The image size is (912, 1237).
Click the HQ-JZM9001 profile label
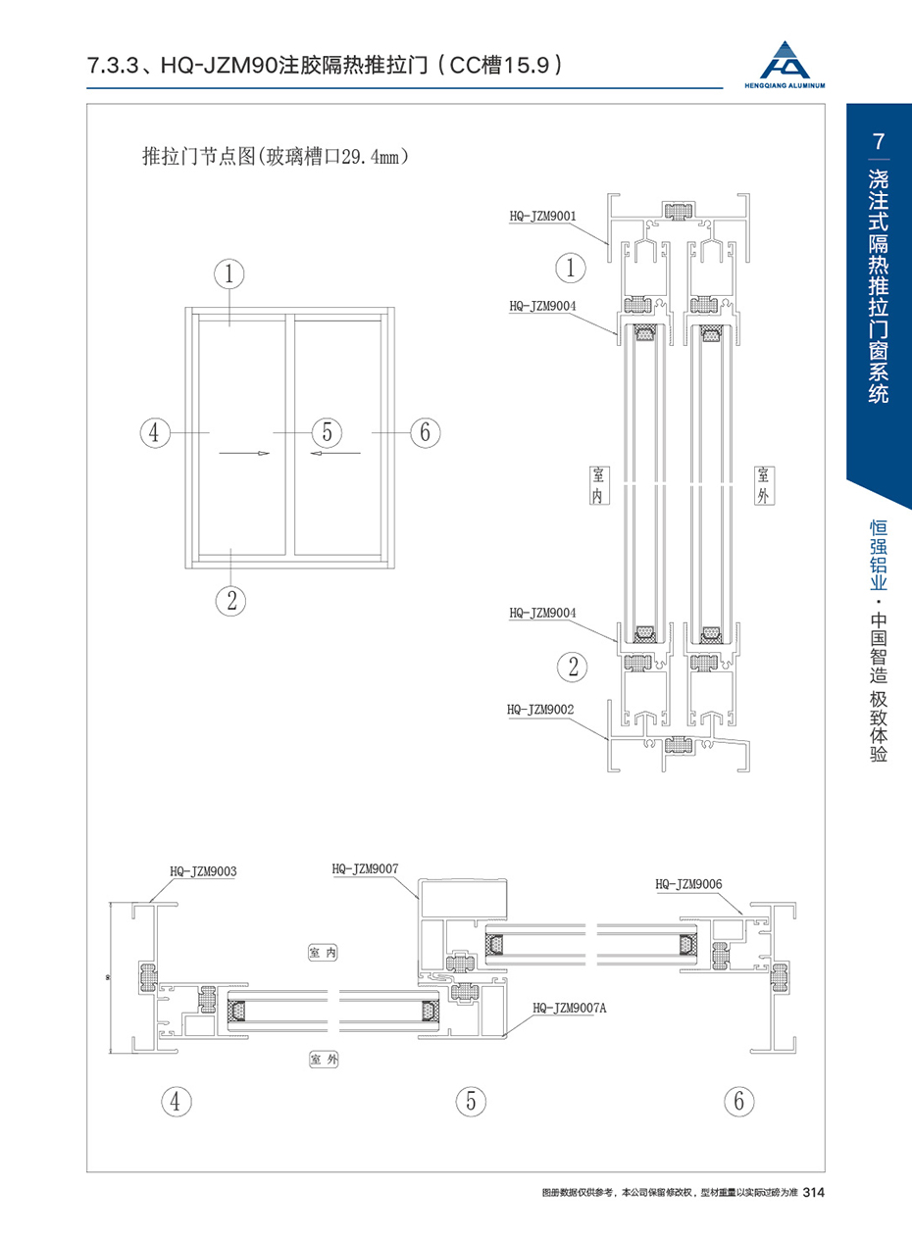[x=542, y=216]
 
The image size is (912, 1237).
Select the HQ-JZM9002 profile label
[x=540, y=709]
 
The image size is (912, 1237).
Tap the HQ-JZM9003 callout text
[x=203, y=870]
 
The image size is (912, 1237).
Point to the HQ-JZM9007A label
[x=569, y=1008]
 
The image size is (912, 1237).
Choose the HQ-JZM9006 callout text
[x=688, y=883]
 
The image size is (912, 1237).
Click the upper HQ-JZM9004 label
[x=542, y=306]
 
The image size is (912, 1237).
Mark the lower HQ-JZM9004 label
[x=542, y=613]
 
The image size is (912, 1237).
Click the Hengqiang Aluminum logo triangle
[x=785, y=60]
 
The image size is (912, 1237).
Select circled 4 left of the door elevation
[x=155, y=432]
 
